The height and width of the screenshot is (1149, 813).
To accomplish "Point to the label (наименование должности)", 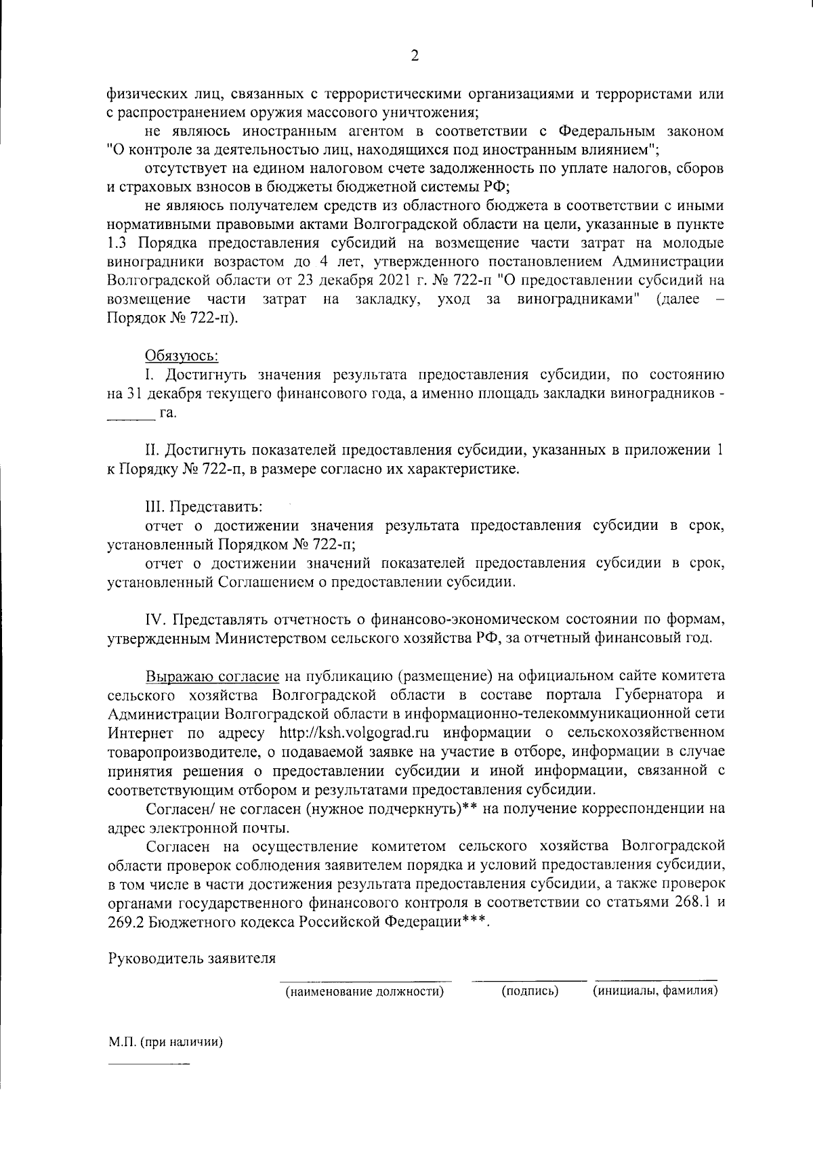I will tap(365, 992).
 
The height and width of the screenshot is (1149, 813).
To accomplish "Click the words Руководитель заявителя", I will tap(192, 959).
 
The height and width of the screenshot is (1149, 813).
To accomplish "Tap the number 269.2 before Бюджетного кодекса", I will tap(126, 922).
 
